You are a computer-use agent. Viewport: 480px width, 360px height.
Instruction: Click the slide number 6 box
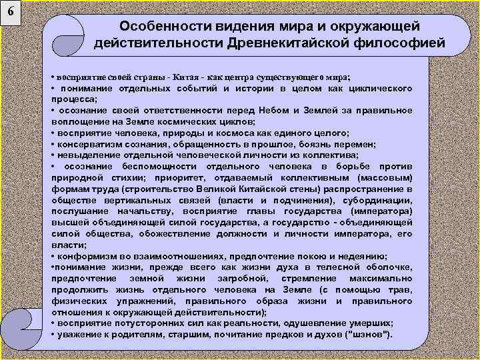(11, 11)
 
